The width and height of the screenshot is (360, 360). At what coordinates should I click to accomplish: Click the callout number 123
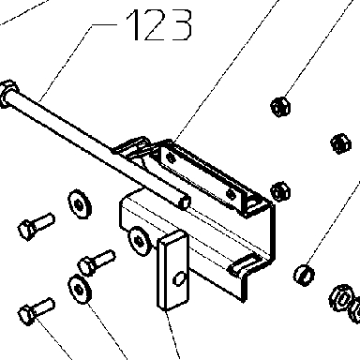pyautogui.click(x=158, y=25)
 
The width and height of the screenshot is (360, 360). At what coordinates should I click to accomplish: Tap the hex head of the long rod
pyautogui.click(x=8, y=93)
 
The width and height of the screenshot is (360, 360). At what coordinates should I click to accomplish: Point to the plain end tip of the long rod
pyautogui.click(x=185, y=202)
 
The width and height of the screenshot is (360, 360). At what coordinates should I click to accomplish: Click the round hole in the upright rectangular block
pyautogui.click(x=179, y=277)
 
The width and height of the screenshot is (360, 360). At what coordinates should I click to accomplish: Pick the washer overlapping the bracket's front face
pyautogui.click(x=140, y=241)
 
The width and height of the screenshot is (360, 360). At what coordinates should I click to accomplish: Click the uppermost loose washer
pyautogui.click(x=80, y=204)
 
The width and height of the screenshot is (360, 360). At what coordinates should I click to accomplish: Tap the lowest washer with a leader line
pyautogui.click(x=80, y=290)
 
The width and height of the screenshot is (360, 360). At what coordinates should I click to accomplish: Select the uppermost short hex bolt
pyautogui.click(x=37, y=226)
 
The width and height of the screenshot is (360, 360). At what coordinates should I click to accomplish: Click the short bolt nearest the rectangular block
pyautogui.click(x=97, y=262)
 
